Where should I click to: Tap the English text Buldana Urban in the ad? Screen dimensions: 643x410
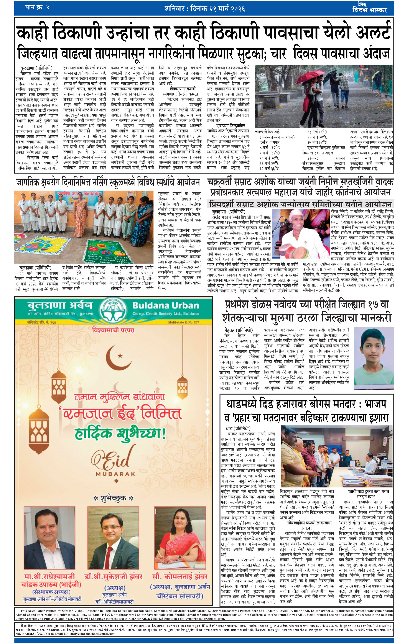pos(166,305)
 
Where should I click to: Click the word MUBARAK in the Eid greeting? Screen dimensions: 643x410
pos(115,474)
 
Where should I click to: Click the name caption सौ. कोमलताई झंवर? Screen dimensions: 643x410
pos(180,577)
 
